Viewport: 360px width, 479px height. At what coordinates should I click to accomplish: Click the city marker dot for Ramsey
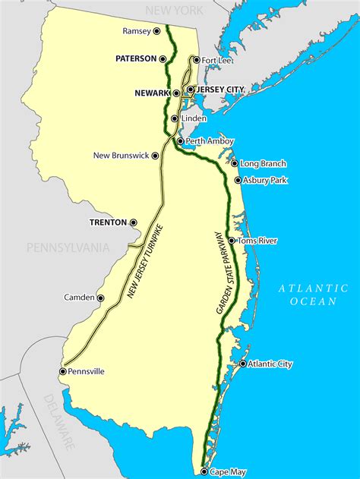click(x=157, y=31)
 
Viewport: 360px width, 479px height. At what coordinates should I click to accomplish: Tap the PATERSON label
click(x=135, y=58)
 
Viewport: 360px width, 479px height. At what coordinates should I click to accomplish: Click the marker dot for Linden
click(x=175, y=118)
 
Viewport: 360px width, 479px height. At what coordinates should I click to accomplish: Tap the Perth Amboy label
click(x=209, y=141)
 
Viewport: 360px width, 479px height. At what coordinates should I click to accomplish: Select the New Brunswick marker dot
click(x=156, y=156)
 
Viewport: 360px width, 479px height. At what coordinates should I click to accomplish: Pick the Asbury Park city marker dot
click(x=238, y=181)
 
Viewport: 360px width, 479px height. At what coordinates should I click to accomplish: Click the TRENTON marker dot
click(x=134, y=222)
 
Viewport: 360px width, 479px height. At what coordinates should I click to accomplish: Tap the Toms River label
click(x=257, y=241)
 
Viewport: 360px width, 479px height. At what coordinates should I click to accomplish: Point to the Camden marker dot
click(x=100, y=298)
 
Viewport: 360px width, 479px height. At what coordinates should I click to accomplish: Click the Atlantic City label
click(x=270, y=364)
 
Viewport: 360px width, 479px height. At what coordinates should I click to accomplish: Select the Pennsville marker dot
click(x=62, y=371)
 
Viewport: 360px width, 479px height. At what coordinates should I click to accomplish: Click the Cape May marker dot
click(x=204, y=471)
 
